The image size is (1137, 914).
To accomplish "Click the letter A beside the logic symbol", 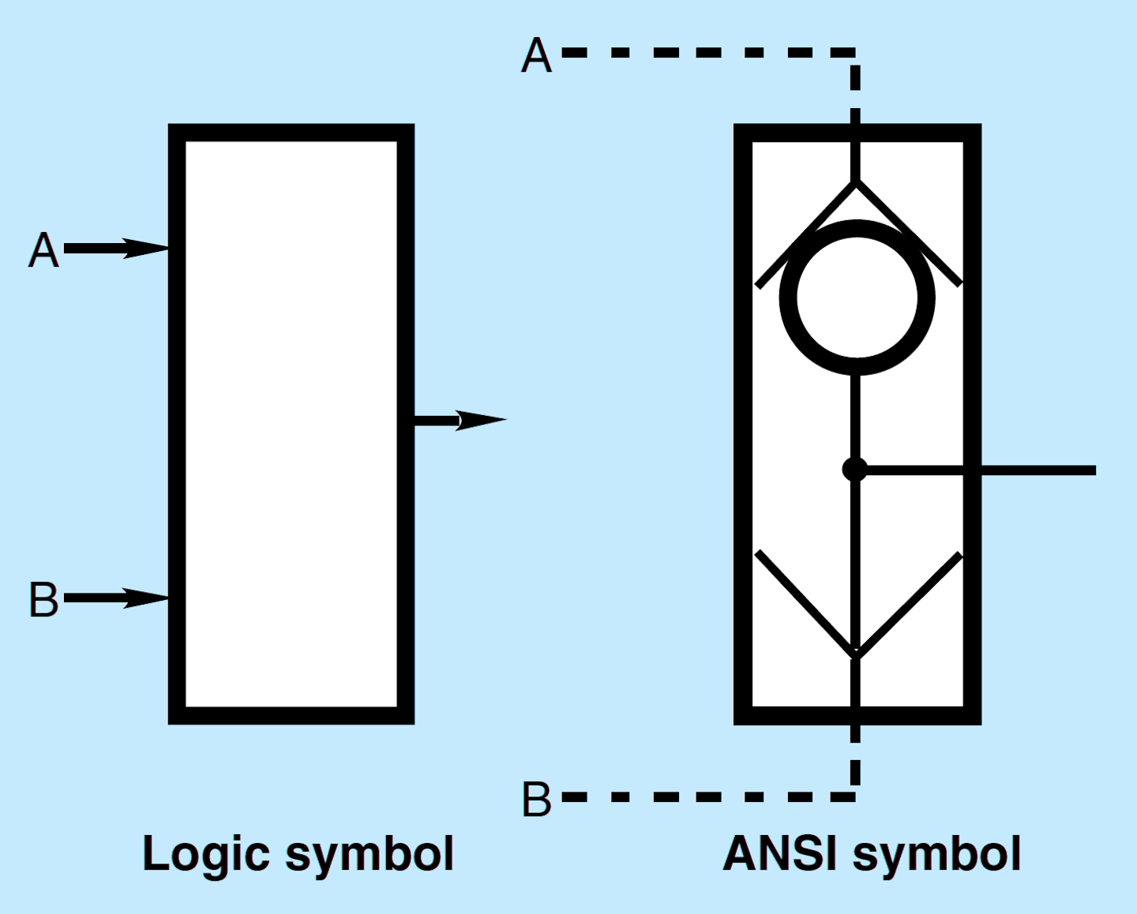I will (x=44, y=251).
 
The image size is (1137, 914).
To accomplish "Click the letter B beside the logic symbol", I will (x=44, y=600).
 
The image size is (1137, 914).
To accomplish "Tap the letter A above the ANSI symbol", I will (x=537, y=56).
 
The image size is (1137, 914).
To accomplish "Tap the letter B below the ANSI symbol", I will (x=537, y=799).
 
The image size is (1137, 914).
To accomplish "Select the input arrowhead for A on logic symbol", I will (x=150, y=249).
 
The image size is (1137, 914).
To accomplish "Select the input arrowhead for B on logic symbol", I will (x=150, y=598).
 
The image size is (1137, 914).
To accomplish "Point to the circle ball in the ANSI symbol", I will (x=857, y=298).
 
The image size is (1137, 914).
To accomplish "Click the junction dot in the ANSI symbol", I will (x=855, y=470).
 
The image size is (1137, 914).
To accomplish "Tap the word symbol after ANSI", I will (x=937, y=855).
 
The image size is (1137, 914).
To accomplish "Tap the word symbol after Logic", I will (x=370, y=855).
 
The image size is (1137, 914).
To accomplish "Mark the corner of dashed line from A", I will (x=855, y=53).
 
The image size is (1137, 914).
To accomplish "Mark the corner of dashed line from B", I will (x=855, y=796).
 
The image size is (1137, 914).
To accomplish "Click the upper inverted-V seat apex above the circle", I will (x=856, y=183).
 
